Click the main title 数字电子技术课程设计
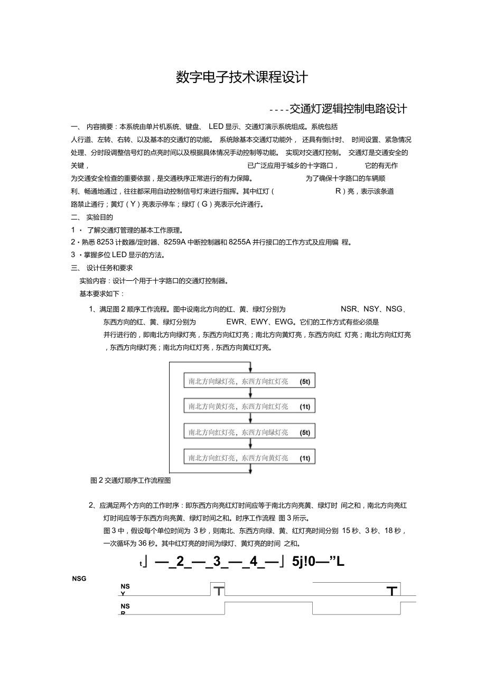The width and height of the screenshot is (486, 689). [x=242, y=78]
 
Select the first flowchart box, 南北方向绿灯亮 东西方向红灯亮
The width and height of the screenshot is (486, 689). [x=249, y=381]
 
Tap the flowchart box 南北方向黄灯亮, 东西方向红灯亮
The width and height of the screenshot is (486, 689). [x=249, y=407]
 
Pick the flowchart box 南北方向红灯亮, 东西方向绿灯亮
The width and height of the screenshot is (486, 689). [x=249, y=432]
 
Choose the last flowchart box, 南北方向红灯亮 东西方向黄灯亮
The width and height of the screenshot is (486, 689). [x=249, y=457]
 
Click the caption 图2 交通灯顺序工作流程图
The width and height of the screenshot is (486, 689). [x=130, y=481]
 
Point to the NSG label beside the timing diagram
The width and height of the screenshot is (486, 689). [x=79, y=578]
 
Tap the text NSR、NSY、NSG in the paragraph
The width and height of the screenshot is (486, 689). [x=372, y=309]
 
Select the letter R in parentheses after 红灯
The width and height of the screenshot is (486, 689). [x=338, y=191]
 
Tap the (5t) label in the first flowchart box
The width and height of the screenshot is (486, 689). [x=305, y=381]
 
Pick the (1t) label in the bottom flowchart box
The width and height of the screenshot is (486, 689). [x=305, y=458]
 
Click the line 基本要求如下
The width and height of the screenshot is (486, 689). [x=101, y=293]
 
